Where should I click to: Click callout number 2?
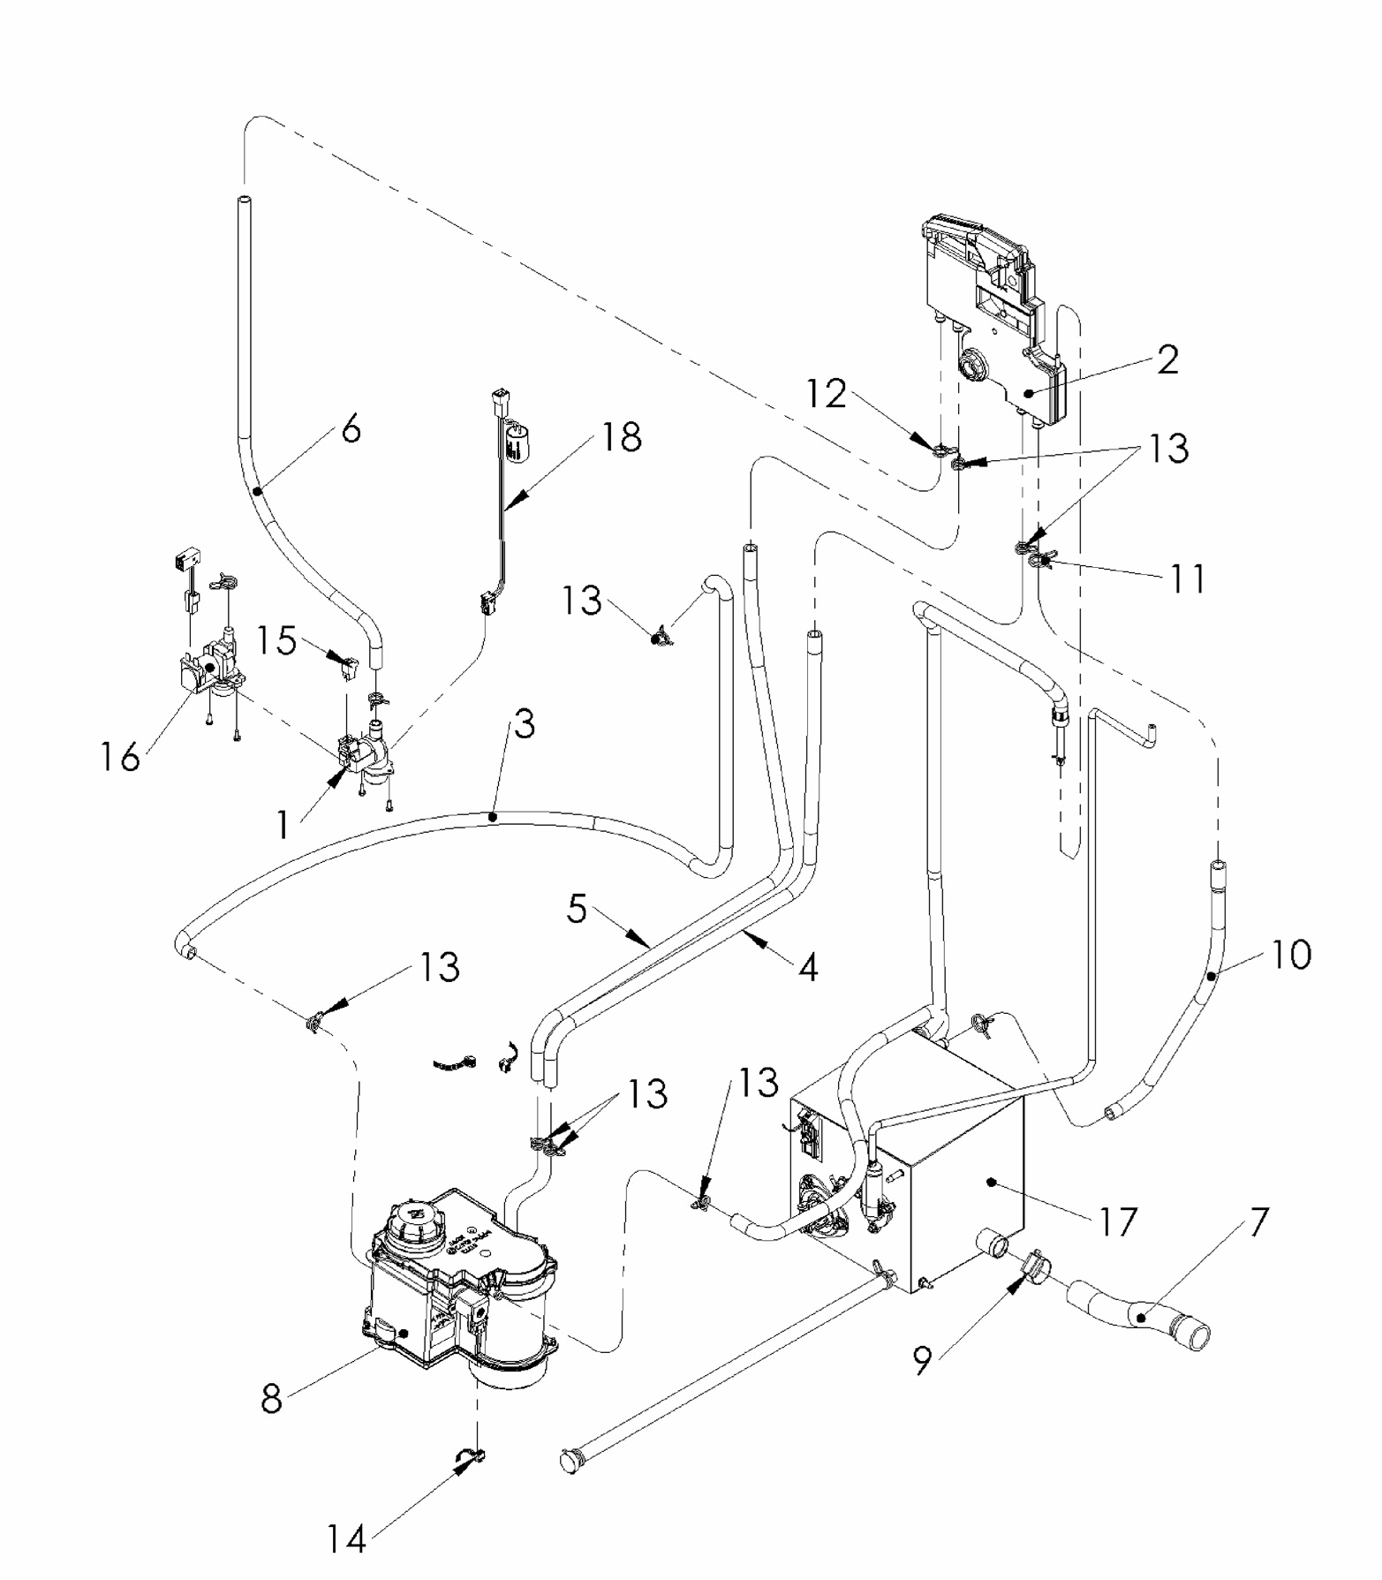pos(1167,360)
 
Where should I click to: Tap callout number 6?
pos(351,429)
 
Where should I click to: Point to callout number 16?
pos(120,757)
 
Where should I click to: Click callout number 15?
pos(277,640)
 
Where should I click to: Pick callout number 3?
pos(525,725)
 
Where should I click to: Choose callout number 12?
pos(827,394)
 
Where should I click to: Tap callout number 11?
pos(1188,579)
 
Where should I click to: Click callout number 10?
pos(1291,955)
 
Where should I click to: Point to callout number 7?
pos(1258,1223)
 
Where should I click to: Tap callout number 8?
pos(271,1399)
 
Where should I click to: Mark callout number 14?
pos(345,1539)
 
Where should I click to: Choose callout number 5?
pos(577,908)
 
